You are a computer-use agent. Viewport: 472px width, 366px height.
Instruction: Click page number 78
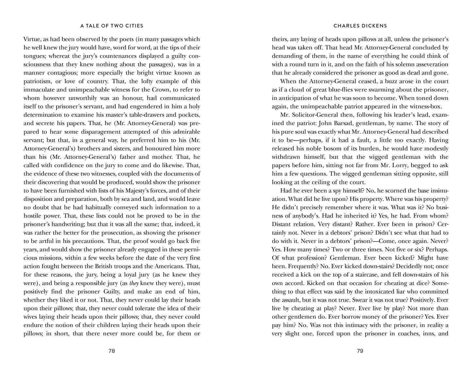point(112,351)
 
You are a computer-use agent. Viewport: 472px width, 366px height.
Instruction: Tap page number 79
point(360,351)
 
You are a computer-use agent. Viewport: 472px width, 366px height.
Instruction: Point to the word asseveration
point(429,64)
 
